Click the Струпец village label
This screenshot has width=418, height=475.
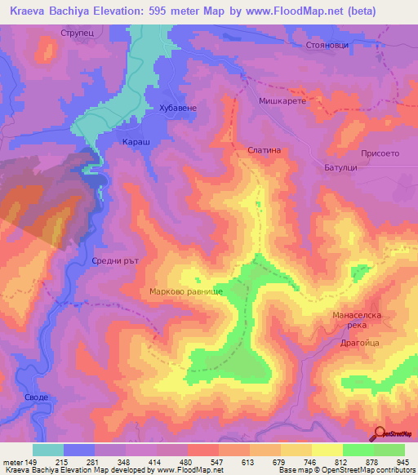pyautogui.click(x=80, y=33)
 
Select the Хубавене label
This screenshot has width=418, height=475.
pyautogui.click(x=179, y=108)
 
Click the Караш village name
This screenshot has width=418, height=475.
pyautogui.click(x=135, y=140)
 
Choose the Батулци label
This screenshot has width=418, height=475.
pyautogui.click(x=337, y=166)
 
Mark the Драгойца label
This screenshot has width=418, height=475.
pyautogui.click(x=360, y=344)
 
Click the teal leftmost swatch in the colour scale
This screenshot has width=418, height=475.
pyautogui.click(x=48, y=450)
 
